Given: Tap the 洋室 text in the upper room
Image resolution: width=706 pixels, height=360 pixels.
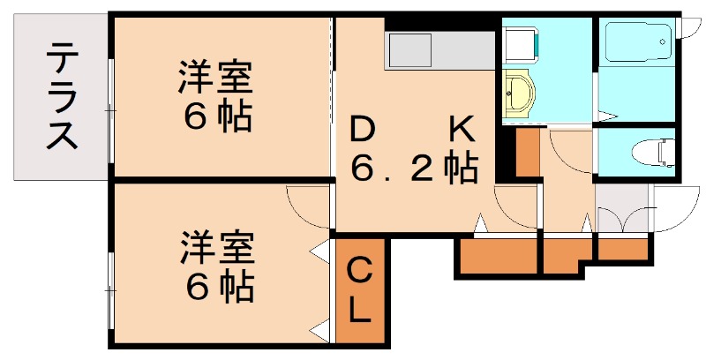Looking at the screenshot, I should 215,77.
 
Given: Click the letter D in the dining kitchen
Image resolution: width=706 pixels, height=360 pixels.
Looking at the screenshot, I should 361,131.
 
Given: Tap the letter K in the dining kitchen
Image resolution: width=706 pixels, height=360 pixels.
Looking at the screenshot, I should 462,131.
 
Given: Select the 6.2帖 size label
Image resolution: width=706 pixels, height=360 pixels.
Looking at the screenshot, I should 415,167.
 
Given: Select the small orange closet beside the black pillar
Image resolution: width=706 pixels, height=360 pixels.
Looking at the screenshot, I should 527,153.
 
